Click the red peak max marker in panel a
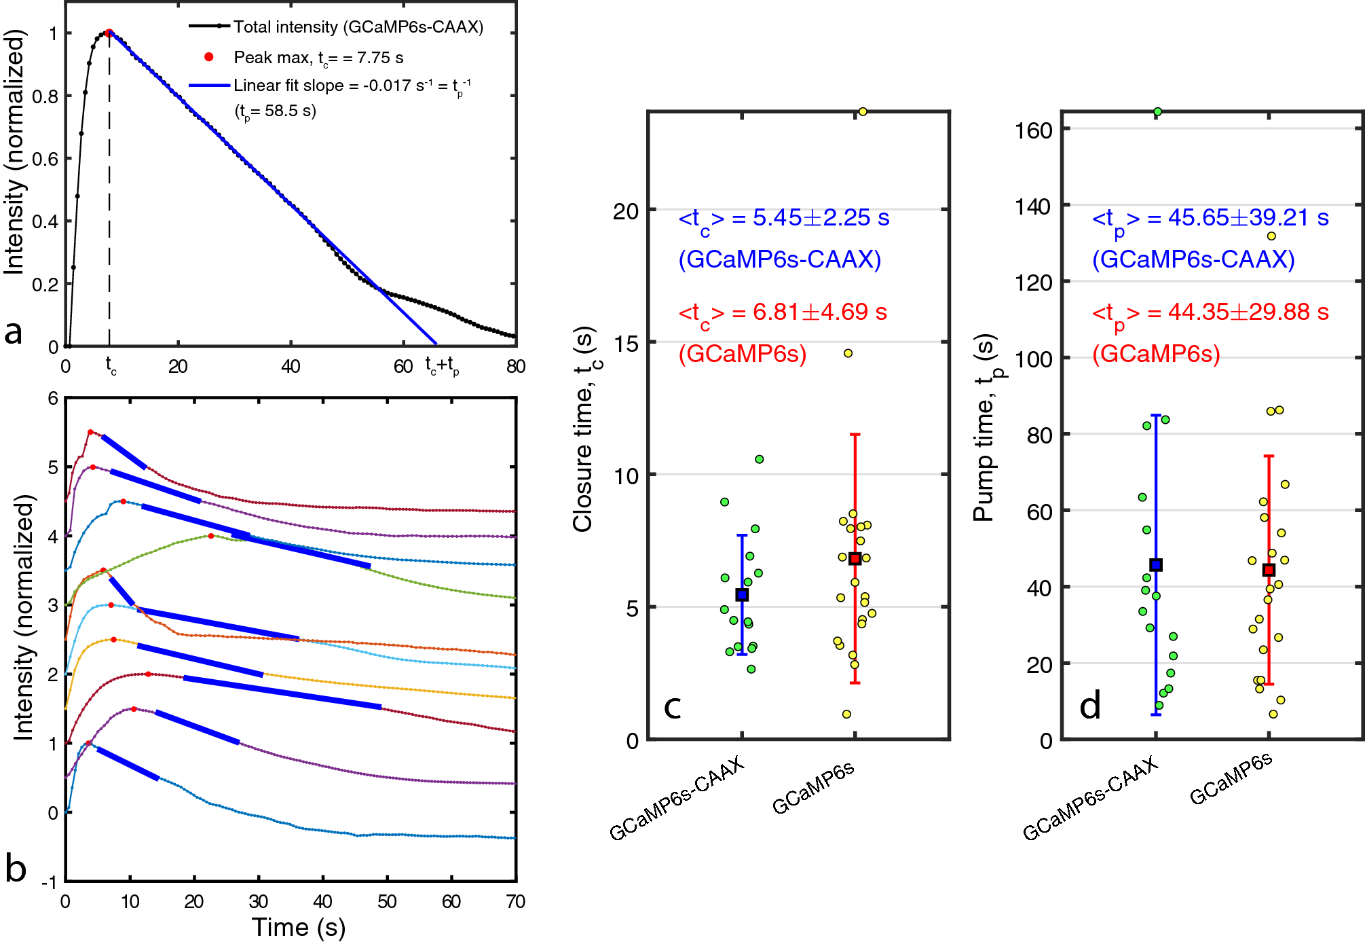pos(109,33)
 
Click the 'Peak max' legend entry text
pos(318,58)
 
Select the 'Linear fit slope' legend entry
pos(352,86)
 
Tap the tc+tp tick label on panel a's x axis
pos(442,366)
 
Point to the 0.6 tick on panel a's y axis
pos(45,159)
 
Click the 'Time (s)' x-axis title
pos(299,927)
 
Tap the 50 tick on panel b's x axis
pos(387,902)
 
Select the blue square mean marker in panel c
pos(742,595)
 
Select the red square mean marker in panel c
pos(855,559)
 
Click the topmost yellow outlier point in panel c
pos(863,111)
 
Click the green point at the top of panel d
pos(1157,112)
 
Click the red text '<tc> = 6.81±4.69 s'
pos(783,312)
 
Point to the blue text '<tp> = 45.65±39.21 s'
pos(1210,218)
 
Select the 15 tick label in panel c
pos(625,344)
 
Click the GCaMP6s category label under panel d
pos(1231,779)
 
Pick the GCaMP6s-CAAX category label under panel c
pos(677,799)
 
